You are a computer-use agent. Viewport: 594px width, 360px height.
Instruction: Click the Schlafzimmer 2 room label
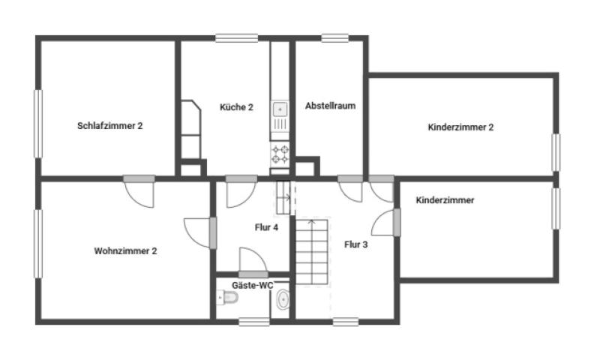pyautogui.click(x=109, y=126)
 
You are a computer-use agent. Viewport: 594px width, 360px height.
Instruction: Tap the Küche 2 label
pyautogui.click(x=236, y=107)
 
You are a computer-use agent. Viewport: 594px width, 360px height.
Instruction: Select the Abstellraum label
pyautogui.click(x=330, y=106)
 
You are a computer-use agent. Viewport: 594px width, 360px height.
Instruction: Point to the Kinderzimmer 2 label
pyautogui.click(x=460, y=127)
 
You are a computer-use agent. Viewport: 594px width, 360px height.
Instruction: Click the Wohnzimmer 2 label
pyautogui.click(x=125, y=250)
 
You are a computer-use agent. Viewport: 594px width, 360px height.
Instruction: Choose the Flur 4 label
pyautogui.click(x=266, y=227)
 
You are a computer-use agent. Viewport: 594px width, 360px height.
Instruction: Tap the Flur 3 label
pyautogui.click(x=355, y=244)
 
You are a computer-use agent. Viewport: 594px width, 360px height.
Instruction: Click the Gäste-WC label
pyautogui.click(x=252, y=285)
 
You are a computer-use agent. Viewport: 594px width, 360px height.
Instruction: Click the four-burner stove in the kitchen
pyautogui.click(x=280, y=154)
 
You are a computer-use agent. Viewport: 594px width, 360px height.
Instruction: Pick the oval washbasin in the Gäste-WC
pyautogui.click(x=283, y=299)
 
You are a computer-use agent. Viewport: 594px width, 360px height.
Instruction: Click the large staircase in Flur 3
pyautogui.click(x=312, y=251)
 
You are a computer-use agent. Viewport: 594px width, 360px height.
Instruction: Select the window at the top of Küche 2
pyautogui.click(x=237, y=38)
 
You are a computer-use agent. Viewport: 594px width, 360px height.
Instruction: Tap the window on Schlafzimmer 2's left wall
pyautogui.click(x=38, y=124)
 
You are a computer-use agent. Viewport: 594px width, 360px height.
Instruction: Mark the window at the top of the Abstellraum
pyautogui.click(x=335, y=38)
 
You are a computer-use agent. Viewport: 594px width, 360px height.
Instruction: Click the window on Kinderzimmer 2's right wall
pyautogui.click(x=556, y=152)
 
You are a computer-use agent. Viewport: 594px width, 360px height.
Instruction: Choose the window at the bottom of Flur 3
pyautogui.click(x=346, y=322)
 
